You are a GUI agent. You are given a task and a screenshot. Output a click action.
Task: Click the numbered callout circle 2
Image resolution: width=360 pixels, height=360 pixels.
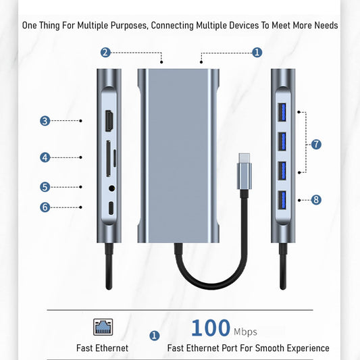point(105,53)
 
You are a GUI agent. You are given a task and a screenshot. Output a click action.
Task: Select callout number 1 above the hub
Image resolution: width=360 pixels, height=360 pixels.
point(257,53)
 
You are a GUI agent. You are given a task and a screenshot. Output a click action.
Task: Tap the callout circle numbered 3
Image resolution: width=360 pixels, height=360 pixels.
point(45,121)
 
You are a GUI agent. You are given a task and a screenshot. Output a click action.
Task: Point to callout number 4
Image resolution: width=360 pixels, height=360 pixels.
point(45,157)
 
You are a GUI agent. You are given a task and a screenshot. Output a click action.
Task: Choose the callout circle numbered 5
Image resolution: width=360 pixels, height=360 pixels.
point(45,187)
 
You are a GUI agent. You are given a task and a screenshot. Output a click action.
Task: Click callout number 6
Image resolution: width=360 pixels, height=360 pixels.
point(45,207)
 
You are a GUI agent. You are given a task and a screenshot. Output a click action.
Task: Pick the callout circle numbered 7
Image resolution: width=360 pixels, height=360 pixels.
point(316,145)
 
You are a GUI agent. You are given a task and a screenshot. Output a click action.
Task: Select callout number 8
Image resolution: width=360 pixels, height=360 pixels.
point(316,200)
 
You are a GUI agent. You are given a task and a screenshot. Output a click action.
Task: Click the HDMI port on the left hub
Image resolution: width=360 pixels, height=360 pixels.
point(109,121)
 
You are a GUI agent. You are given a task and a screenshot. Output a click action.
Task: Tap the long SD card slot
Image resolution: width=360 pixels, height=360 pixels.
point(108,159)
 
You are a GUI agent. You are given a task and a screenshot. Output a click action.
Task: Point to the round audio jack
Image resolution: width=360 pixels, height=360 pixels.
point(112,188)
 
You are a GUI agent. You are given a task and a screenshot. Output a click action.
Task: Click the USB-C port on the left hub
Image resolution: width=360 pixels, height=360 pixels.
point(111,208)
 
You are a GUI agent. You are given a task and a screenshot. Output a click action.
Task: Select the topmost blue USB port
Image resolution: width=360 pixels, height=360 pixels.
point(282,112)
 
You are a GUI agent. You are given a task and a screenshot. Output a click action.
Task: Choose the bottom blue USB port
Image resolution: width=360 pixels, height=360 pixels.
point(282,200)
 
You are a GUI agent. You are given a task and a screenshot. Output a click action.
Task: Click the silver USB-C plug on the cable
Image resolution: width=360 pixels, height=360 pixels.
point(245,171)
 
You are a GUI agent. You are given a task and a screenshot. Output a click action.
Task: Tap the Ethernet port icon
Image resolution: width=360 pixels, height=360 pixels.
point(103,327)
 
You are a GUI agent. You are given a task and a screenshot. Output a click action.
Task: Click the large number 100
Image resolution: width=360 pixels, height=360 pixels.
point(211,328)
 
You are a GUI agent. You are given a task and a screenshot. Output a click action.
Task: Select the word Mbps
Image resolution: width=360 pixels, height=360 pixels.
point(245,332)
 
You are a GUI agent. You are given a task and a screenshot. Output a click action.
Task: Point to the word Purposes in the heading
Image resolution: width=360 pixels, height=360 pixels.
point(129,26)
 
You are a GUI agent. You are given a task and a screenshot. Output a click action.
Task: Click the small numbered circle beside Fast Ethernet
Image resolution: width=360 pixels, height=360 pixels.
point(155,336)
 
